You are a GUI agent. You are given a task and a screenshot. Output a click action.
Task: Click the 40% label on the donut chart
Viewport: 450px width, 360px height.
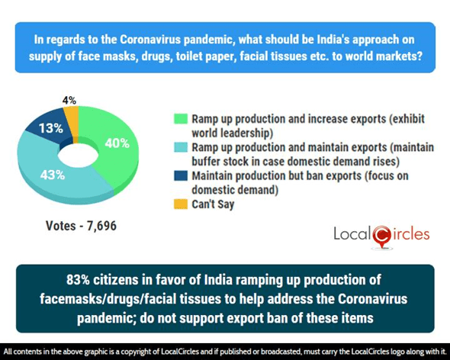[117, 143]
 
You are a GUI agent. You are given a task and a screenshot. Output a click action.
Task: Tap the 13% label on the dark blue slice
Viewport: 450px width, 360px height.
[51, 129]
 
